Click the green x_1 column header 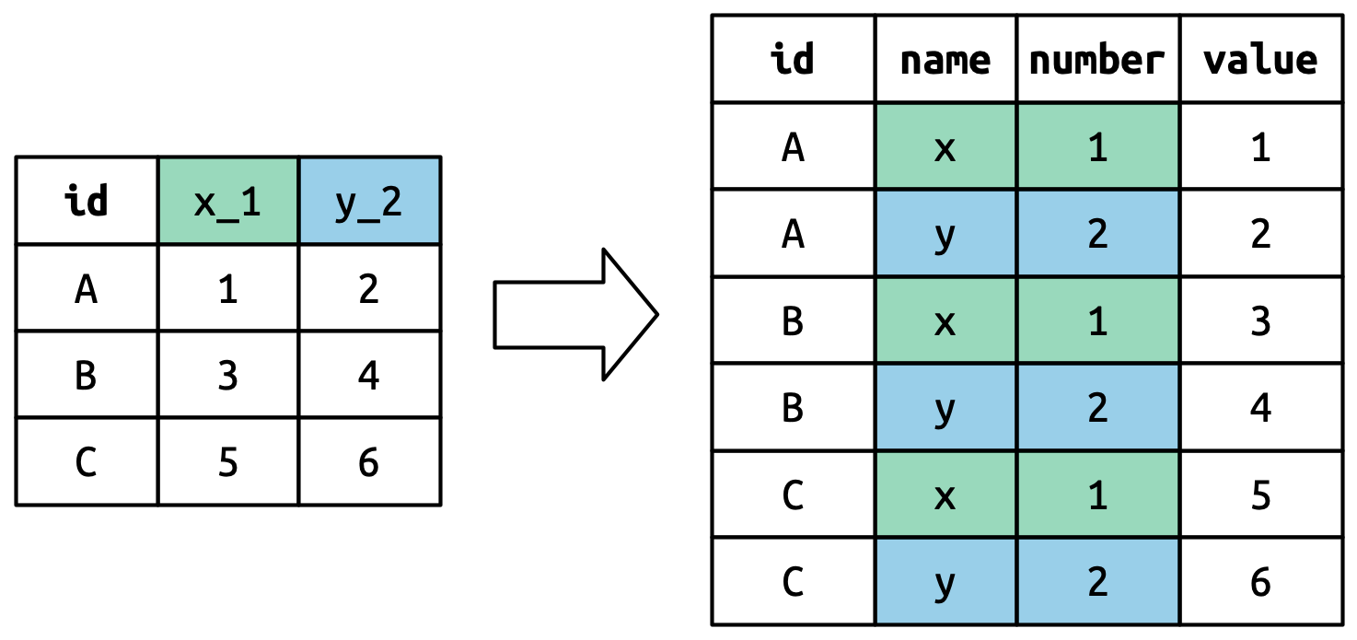[227, 201]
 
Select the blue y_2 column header [369, 201]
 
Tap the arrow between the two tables [576, 314]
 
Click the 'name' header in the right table [945, 60]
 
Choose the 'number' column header [1097, 60]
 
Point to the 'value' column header [1260, 60]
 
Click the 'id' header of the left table [87, 201]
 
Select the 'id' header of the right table [793, 60]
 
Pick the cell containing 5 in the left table [227, 462]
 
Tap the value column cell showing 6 [1260, 582]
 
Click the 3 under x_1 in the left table [227, 375]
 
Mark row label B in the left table [87, 375]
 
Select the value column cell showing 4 [1260, 407]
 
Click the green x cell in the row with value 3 [945, 320]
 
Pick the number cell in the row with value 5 [1097, 495]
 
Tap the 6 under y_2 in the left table [369, 462]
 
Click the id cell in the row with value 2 [793, 233]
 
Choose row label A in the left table [87, 288]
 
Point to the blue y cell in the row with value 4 [945, 407]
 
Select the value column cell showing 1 [1260, 146]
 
